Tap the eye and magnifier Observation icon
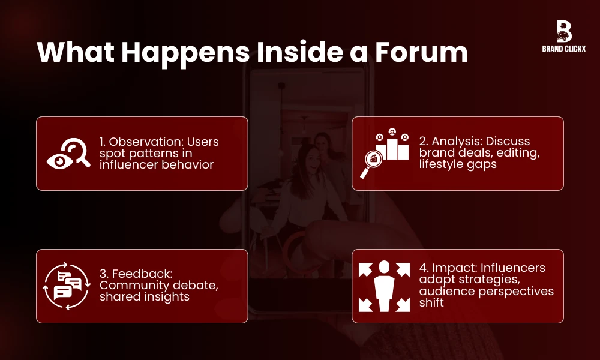(x=68, y=154)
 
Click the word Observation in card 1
(x=146, y=142)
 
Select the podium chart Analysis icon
(x=385, y=154)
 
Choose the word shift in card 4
(x=431, y=303)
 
